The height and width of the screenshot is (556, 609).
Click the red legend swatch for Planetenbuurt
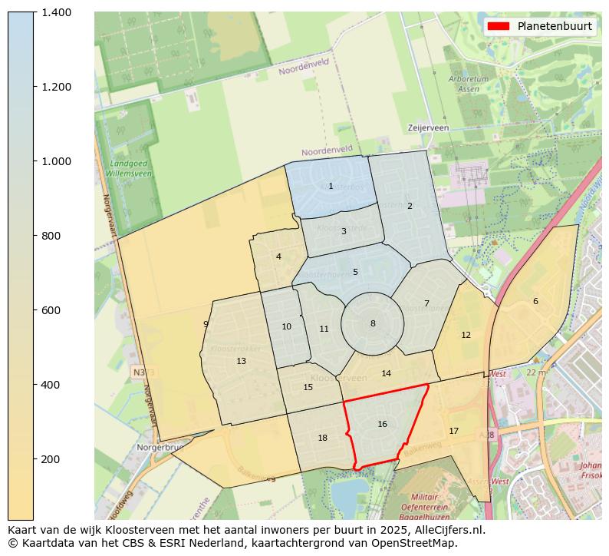(x=498, y=26)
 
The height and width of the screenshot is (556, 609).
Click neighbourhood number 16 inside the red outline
(x=382, y=424)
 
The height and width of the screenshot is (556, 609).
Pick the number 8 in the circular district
(x=373, y=323)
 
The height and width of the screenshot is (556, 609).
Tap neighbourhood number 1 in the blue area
(x=331, y=186)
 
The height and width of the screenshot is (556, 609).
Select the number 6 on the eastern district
(x=535, y=301)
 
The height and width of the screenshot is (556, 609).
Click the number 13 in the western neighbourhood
(x=241, y=361)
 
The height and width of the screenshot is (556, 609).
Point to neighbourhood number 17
(x=453, y=431)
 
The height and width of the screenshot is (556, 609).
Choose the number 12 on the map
(x=466, y=335)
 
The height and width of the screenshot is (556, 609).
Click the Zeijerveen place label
(x=428, y=128)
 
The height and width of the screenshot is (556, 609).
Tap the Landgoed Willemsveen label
(x=130, y=169)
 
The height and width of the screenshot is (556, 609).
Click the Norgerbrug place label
(x=160, y=447)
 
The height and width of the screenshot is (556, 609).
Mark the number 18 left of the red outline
(x=322, y=438)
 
